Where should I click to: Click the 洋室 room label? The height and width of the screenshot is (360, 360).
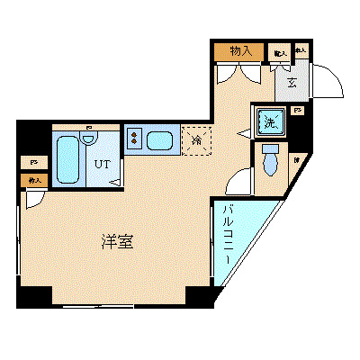[118, 242]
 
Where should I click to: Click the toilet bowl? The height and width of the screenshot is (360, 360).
[269, 164]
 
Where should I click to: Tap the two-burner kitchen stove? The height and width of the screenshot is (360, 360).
[133, 139]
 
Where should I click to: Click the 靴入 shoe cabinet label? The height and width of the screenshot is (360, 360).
[280, 54]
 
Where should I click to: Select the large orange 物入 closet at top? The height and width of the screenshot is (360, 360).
[239, 52]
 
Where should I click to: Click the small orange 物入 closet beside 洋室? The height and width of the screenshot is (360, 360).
[35, 181]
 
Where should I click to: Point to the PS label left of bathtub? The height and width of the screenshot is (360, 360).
[34, 162]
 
